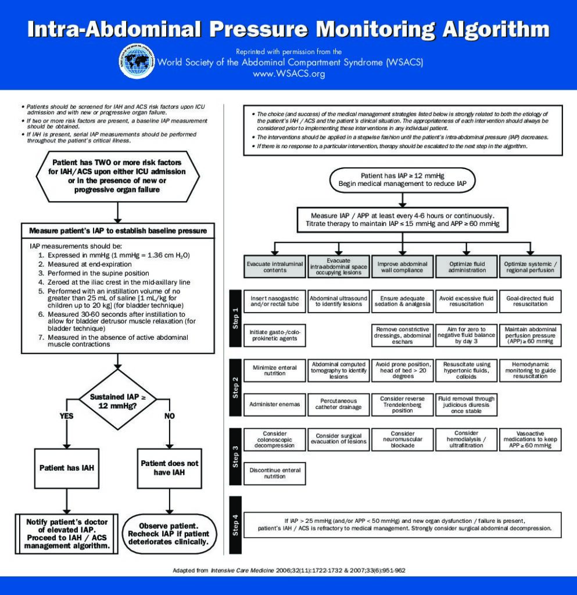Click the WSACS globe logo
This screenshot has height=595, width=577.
click(x=137, y=61)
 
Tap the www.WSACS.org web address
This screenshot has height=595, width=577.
click(x=289, y=74)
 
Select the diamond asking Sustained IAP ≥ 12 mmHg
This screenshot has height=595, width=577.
click(x=117, y=400)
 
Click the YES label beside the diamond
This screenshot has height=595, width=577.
click(x=66, y=416)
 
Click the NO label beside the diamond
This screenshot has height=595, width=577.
click(x=170, y=416)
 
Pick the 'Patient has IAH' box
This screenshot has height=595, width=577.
click(x=67, y=468)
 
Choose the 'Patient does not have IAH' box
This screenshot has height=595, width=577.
click(x=170, y=468)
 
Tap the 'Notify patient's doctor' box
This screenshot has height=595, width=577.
click(x=67, y=534)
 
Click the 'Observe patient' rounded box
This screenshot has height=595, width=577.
click(x=169, y=534)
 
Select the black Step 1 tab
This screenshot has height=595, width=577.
click(x=235, y=318)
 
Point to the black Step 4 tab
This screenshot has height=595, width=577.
click(x=235, y=525)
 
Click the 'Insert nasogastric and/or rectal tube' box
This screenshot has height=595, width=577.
click(x=275, y=302)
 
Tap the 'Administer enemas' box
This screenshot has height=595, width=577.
click(x=275, y=404)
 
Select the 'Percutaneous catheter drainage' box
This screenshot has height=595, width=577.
click(x=339, y=404)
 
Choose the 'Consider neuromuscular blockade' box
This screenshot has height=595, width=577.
click(x=403, y=439)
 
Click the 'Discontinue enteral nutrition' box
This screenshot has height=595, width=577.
click(x=275, y=473)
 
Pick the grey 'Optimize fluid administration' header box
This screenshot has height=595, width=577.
click(x=467, y=267)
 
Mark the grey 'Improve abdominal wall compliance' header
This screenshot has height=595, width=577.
click(x=403, y=267)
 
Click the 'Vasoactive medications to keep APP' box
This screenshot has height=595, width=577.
click(x=531, y=439)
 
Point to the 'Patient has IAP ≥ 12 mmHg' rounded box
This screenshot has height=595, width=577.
click(x=403, y=180)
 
